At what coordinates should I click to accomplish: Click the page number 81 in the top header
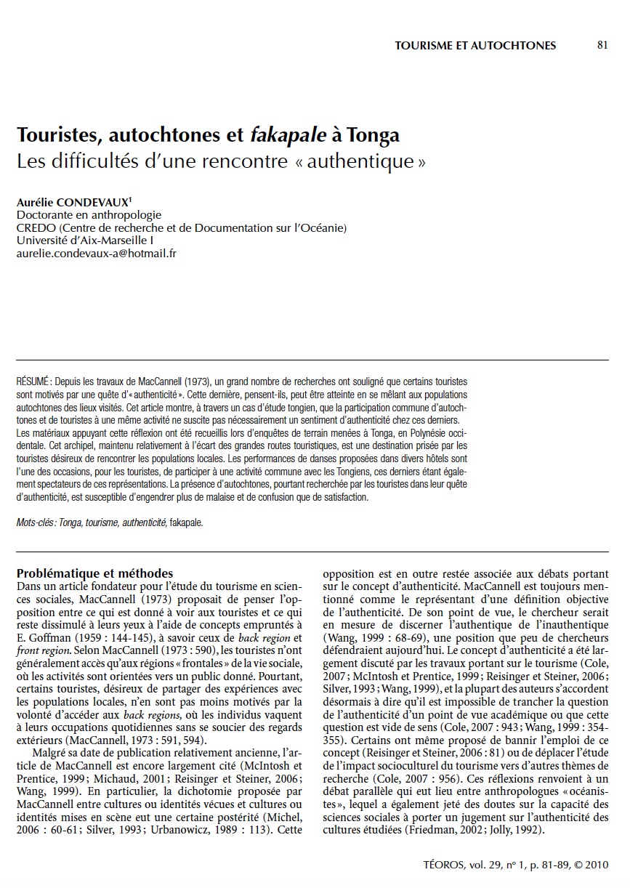coord(602,45)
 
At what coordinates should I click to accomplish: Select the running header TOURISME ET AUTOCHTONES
coord(475,46)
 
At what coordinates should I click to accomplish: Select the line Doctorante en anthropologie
coord(89,216)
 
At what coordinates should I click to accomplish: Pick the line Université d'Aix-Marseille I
coord(79,241)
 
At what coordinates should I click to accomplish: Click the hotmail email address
coord(97,253)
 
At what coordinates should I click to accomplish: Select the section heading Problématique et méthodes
coord(94,573)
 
